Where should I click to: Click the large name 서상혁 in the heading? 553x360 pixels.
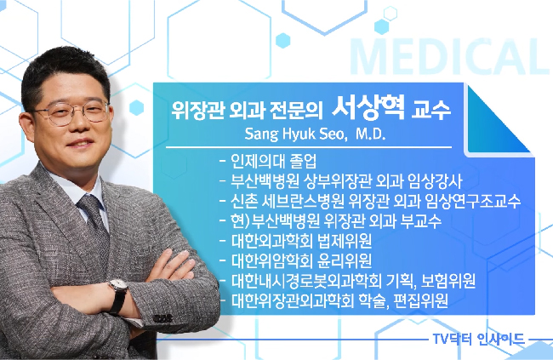pyautogui.click(x=368, y=108)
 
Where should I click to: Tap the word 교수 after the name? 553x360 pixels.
pyautogui.click(x=431, y=111)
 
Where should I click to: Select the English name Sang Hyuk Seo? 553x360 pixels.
pyautogui.click(x=294, y=134)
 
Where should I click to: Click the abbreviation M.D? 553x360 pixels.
pyautogui.click(x=370, y=134)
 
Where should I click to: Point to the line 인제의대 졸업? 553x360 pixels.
pyautogui.click(x=274, y=161)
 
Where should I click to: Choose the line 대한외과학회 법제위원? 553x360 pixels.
pyautogui.click(x=301, y=241)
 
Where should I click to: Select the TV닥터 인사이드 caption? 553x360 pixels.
pyautogui.click(x=479, y=340)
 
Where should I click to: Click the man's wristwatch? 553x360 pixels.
pyautogui.click(x=118, y=294)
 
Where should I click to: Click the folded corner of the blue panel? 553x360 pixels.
pyautogui.click(x=498, y=119)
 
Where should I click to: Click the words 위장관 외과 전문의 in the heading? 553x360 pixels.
pyautogui.click(x=248, y=111)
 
